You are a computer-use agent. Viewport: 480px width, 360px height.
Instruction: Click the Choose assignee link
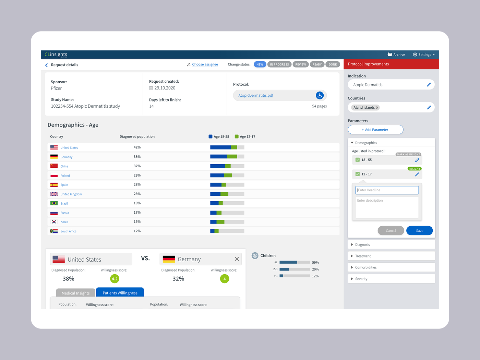coord(205,64)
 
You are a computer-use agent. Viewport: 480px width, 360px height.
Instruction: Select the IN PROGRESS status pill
coord(279,64)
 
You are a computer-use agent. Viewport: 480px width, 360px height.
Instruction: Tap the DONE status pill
coord(333,64)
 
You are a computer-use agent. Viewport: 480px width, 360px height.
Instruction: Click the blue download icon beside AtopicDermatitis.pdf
coord(320,95)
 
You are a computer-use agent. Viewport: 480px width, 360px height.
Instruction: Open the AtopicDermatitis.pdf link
coord(256,95)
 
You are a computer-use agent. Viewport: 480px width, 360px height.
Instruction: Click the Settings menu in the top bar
coord(423,55)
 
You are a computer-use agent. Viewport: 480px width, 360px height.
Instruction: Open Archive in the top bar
coord(396,55)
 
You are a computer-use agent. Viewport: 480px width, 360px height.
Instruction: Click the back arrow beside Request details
coord(46,65)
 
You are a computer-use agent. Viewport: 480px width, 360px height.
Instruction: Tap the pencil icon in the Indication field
coord(429,85)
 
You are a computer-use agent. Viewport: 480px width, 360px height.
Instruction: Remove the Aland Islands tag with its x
coord(377,108)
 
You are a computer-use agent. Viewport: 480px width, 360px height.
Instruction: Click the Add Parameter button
coord(375,130)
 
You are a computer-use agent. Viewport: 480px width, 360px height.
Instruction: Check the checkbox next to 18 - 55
coord(358,160)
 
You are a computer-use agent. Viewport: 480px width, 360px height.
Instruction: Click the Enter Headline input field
coord(387,190)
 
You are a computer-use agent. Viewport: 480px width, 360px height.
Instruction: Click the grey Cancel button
coord(391,231)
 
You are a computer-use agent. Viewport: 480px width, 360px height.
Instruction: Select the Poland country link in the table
coord(65,176)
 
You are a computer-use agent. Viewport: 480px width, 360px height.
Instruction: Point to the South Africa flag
coord(54,231)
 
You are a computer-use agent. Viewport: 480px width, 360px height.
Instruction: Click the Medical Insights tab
coord(76,293)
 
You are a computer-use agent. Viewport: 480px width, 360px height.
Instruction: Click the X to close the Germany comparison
coord(237,259)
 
